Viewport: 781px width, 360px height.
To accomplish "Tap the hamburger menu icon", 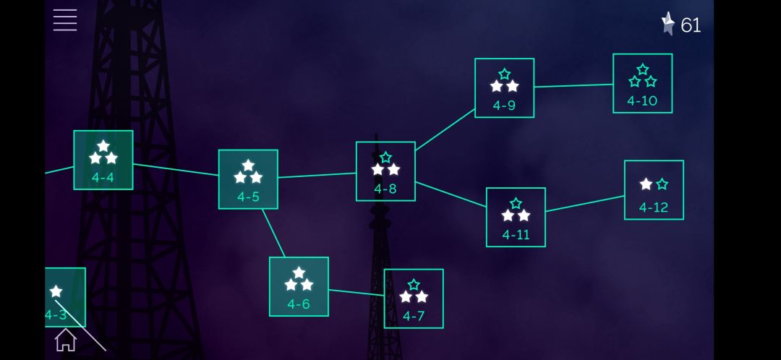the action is [65, 20].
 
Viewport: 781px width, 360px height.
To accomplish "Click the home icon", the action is [66, 340].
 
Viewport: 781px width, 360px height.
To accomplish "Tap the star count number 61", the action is [691, 25].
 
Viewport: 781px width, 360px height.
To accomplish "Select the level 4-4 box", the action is [103, 160].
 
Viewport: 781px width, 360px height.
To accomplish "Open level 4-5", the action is [248, 179].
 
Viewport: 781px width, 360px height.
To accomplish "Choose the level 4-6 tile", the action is [299, 287].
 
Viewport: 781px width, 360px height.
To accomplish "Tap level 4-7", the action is [414, 299].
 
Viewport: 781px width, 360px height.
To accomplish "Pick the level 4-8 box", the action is [385, 171].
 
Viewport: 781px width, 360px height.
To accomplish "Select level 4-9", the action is [505, 88].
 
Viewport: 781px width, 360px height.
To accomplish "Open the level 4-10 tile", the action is [643, 83].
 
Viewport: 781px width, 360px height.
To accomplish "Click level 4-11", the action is [516, 217].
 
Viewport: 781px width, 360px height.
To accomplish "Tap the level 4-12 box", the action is [654, 189].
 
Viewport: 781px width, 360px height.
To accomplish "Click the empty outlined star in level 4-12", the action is [662, 184].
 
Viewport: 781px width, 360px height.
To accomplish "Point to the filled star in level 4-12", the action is [646, 184].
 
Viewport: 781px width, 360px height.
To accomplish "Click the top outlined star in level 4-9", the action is [505, 74].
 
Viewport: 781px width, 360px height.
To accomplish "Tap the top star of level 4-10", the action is [643, 69].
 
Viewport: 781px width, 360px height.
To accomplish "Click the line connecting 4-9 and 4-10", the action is [573, 85].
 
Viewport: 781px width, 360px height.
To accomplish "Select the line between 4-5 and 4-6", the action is [274, 233].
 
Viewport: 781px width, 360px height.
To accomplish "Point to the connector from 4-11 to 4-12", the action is [585, 204].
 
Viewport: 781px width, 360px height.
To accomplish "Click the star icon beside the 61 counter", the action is [668, 24].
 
